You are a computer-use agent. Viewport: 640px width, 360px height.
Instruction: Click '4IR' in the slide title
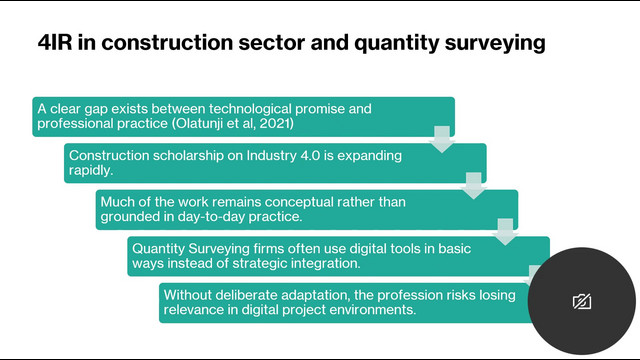[x=55, y=42]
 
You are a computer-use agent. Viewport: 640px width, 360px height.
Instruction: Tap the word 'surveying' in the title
[x=495, y=44]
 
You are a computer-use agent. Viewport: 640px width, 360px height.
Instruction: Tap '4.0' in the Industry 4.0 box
[x=310, y=156]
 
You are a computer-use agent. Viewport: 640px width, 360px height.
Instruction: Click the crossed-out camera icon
[x=582, y=302]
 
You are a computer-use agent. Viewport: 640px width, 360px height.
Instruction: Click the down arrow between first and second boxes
[x=442, y=139]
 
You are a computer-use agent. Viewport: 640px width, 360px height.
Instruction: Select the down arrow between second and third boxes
[x=473, y=186]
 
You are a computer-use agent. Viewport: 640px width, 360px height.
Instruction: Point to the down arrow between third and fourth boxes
[x=505, y=232]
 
